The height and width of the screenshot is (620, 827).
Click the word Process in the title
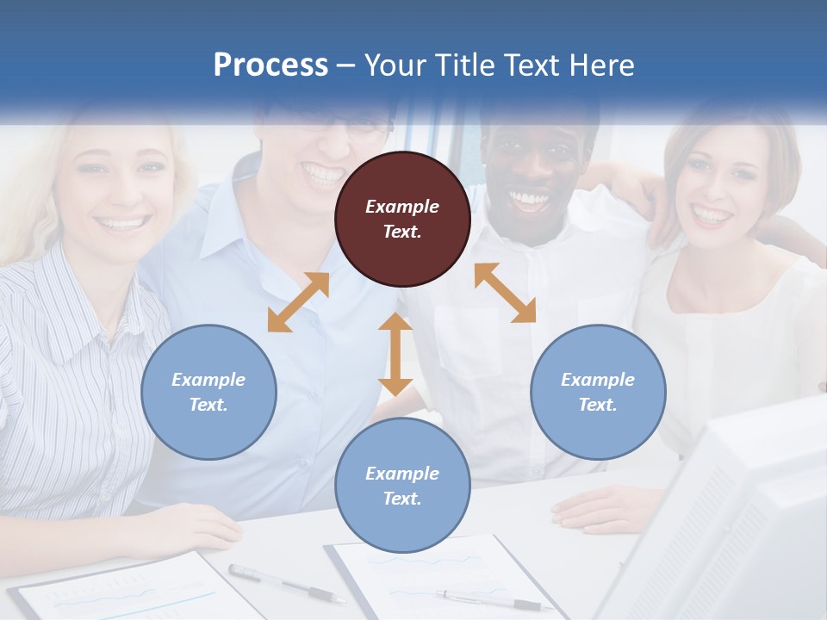(270, 65)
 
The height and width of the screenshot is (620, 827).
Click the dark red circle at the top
(402, 219)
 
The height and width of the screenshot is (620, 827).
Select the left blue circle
(208, 392)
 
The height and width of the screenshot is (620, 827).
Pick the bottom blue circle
(402, 485)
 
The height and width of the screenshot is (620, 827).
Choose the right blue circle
(598, 392)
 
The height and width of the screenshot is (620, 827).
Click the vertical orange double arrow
(395, 354)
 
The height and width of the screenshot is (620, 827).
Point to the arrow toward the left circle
(298, 302)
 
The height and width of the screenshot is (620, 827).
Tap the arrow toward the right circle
(505, 293)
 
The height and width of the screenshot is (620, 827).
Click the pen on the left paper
(286, 583)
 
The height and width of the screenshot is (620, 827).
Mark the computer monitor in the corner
(732, 517)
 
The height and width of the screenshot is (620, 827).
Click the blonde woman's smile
(122, 224)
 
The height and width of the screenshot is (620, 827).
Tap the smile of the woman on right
(712, 214)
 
